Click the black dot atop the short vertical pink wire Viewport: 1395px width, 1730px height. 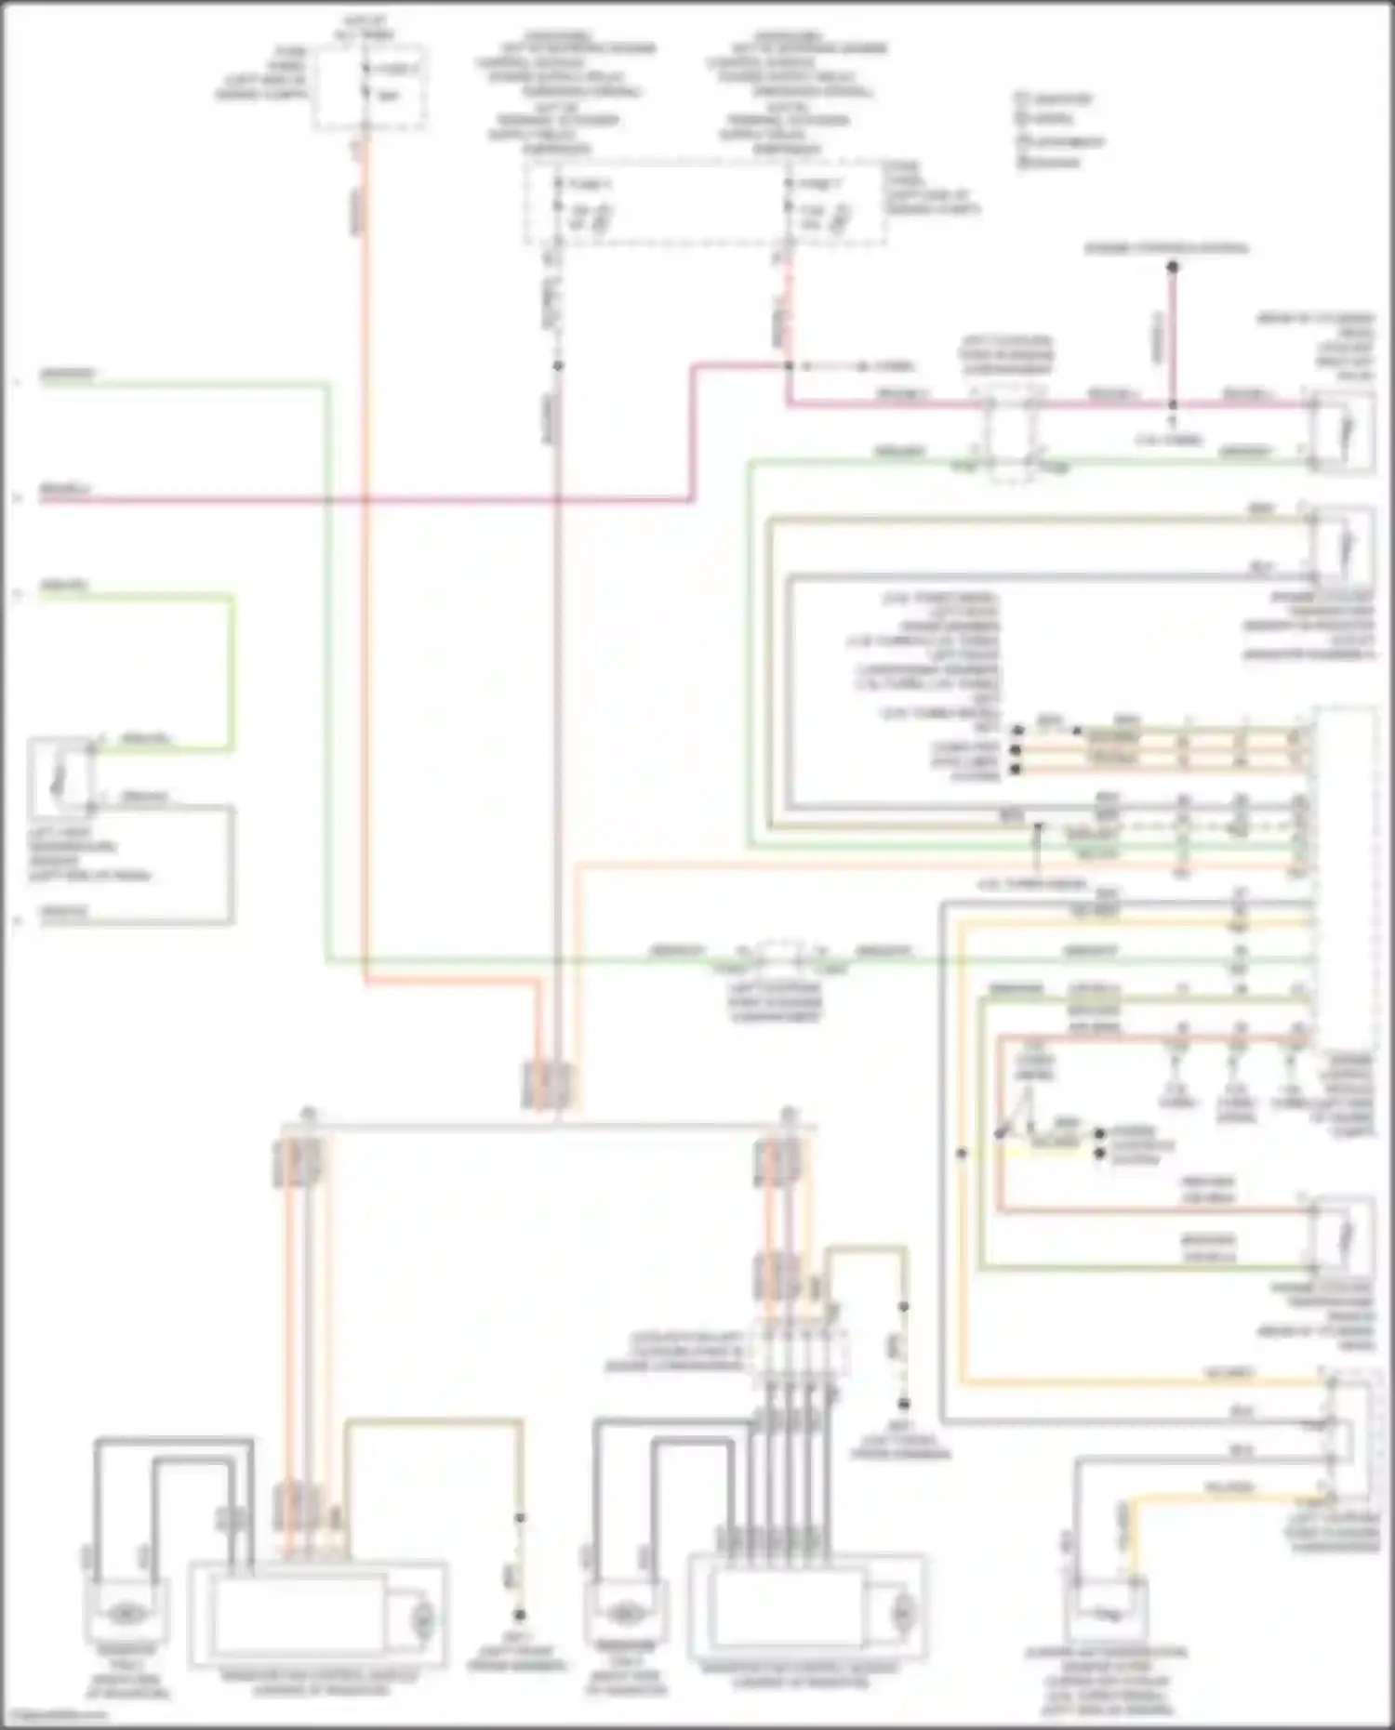[x=1173, y=268]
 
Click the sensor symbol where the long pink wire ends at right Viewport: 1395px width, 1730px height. [x=1342, y=431]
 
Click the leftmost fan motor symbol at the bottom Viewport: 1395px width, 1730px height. [x=126, y=1613]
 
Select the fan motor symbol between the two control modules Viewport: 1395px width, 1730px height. [x=623, y=1613]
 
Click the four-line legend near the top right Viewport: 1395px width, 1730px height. [x=1060, y=129]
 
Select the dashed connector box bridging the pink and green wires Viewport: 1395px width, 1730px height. [x=1011, y=434]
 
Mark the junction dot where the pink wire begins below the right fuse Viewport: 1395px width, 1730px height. [x=789, y=366]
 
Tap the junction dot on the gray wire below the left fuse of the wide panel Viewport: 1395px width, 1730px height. [x=557, y=366]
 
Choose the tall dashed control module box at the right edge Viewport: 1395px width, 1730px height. [x=1343, y=878]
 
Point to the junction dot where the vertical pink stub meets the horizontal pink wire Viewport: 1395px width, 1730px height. [x=1173, y=404]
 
